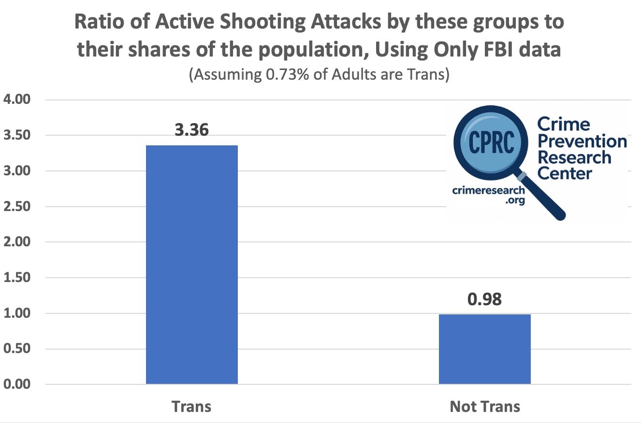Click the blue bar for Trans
pyautogui.click(x=191, y=265)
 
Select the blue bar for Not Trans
pyautogui.click(x=484, y=349)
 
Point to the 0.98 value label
pyautogui.click(x=484, y=299)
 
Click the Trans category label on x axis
pyautogui.click(x=191, y=407)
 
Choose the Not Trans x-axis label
pyautogui.click(x=484, y=407)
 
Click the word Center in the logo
pyautogui.click(x=565, y=172)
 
